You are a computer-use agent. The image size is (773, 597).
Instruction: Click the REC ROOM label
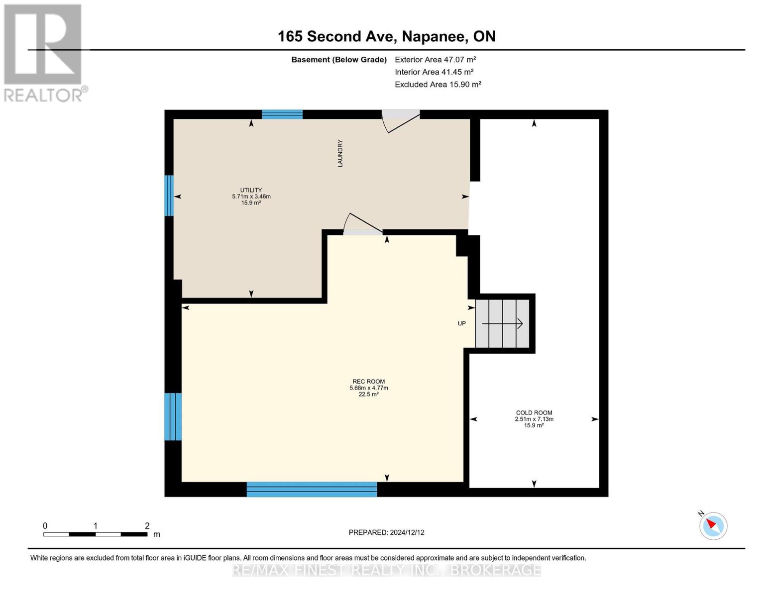(x=368, y=381)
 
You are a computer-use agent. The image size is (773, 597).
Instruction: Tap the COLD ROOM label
(x=534, y=412)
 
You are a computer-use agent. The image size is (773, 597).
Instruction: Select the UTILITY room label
(x=251, y=190)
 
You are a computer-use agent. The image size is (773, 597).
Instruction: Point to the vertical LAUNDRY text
(x=340, y=153)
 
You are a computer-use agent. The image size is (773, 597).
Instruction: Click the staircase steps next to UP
(x=502, y=323)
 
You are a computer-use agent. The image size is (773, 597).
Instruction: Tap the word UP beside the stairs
(x=461, y=323)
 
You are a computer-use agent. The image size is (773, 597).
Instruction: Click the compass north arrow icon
(x=713, y=526)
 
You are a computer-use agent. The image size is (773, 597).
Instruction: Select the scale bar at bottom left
(x=96, y=534)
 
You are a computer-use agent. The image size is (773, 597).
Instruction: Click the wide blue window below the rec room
(x=312, y=489)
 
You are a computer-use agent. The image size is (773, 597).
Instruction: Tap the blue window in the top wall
(x=282, y=114)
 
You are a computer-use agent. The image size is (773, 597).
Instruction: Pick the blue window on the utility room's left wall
(x=169, y=196)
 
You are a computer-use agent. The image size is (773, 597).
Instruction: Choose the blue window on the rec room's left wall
(x=173, y=417)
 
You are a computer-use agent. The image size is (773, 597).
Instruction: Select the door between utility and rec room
(x=363, y=224)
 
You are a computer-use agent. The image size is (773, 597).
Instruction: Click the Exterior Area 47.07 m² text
(x=435, y=60)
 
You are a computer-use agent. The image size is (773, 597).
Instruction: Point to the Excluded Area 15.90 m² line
(x=438, y=84)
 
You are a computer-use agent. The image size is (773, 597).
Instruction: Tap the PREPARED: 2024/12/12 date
(x=386, y=532)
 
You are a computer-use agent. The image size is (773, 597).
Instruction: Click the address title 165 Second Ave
(x=335, y=36)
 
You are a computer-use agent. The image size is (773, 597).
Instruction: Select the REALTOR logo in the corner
(x=44, y=53)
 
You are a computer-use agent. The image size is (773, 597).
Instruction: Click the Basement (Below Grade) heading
(x=338, y=60)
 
